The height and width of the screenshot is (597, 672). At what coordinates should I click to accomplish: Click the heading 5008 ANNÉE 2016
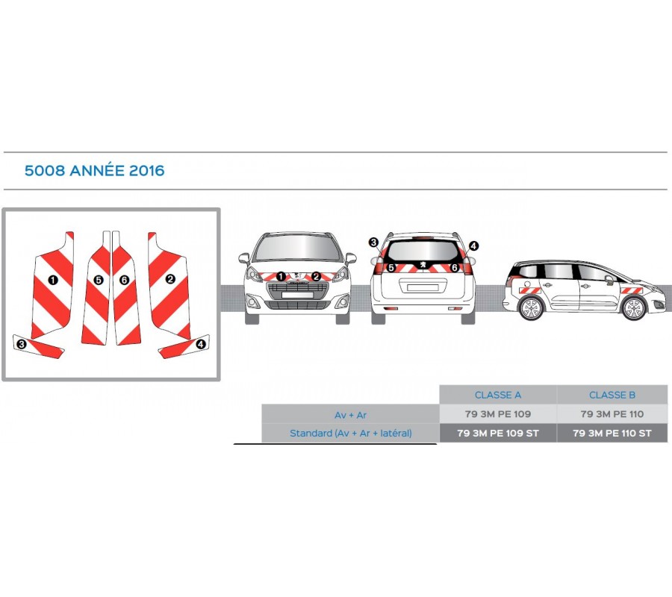pos(94,170)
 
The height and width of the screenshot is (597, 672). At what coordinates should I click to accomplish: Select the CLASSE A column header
pos(497,395)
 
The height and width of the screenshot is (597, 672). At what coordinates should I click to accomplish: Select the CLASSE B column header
pos(612,395)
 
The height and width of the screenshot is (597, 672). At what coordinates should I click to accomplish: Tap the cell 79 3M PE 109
pos(497,414)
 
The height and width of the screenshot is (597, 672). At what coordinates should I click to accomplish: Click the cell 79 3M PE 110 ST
pos(612,433)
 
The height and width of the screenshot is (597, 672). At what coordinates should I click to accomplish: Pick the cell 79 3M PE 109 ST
pos(497,433)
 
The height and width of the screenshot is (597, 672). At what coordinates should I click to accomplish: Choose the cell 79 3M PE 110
pos(612,414)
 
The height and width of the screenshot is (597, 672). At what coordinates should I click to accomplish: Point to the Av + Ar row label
pos(351,415)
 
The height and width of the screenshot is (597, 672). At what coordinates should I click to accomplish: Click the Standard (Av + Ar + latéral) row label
pos(351,434)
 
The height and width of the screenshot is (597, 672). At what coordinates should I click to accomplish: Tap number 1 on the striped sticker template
pos(53,280)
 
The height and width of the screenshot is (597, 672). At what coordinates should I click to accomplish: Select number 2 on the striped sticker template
pos(170,279)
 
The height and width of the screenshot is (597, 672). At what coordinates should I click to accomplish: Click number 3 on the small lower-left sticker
pos(22,344)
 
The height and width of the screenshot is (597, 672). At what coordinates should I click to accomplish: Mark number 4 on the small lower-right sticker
pos(200,343)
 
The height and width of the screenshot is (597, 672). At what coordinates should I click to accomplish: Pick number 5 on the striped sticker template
pos(99,280)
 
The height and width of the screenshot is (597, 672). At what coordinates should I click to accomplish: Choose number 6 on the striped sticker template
pos(124,280)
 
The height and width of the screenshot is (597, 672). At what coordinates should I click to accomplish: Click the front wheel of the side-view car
pos(634,308)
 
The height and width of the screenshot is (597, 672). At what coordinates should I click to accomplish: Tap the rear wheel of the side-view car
pos(532,308)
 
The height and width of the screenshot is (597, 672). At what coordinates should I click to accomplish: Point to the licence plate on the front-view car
pos(297,295)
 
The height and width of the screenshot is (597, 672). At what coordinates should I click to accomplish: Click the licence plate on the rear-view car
pos(423,287)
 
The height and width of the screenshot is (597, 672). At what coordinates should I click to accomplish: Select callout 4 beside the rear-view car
pos(473,246)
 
